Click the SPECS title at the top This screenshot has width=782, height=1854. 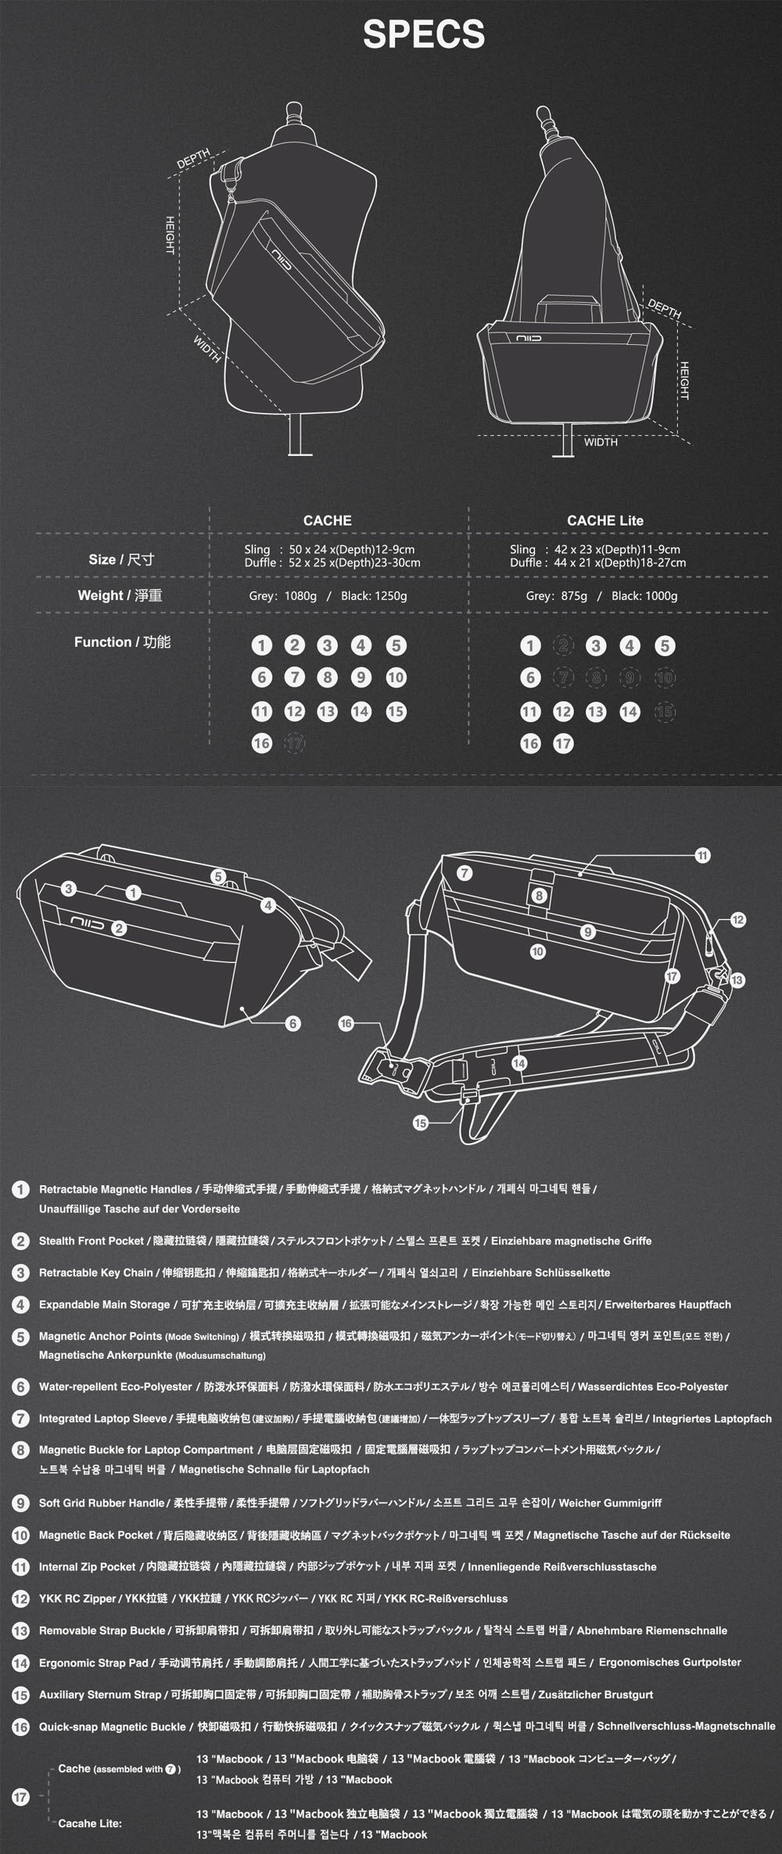pos(424,35)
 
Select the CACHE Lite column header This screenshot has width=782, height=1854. pos(604,520)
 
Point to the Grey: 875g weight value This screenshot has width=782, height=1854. pos(556,596)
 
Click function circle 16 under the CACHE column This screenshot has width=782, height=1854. pos(261,743)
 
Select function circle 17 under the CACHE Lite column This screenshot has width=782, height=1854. pos(563,743)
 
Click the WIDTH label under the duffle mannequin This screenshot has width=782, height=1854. pos(601,442)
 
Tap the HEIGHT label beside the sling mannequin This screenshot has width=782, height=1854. pos(168,235)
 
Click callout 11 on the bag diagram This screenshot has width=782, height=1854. pos(702,855)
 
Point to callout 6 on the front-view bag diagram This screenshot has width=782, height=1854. pos(293,1023)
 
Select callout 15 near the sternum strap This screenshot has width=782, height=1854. pos(421,1123)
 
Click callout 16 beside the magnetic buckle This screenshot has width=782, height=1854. pos(346,1023)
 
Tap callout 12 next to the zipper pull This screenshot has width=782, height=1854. pos(737,920)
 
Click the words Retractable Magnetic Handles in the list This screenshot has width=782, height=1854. pos(115,1189)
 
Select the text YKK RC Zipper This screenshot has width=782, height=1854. pos(77,1598)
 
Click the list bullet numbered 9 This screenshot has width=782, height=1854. pos(20,1502)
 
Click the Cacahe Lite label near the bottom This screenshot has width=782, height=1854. pos(90,1823)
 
